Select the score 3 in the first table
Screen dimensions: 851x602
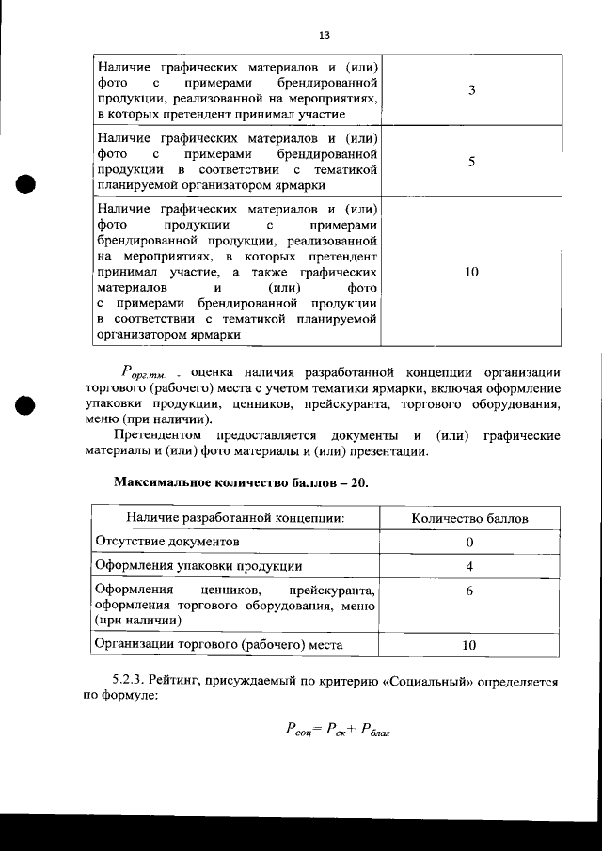[x=470, y=89]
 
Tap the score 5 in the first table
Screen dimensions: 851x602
[x=470, y=161]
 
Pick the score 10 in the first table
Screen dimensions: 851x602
[x=471, y=272]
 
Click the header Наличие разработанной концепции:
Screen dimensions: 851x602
[x=234, y=518]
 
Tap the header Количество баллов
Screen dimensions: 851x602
[x=469, y=518]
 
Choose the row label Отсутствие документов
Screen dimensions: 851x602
[x=167, y=543]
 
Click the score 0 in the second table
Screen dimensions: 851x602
[x=469, y=543]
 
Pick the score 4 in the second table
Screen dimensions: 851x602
[x=469, y=566]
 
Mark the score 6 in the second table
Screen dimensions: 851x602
[x=469, y=591]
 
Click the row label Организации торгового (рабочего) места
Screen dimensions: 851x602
[x=218, y=644]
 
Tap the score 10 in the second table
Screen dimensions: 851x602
[x=469, y=645]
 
